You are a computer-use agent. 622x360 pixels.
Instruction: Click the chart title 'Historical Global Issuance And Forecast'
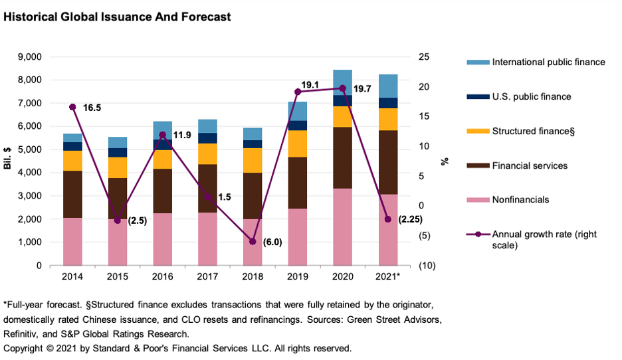(118, 17)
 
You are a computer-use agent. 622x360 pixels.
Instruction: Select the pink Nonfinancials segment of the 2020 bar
(343, 226)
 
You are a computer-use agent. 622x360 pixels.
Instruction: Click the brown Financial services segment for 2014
(72, 194)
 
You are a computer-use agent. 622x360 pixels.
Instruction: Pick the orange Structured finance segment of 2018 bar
(253, 160)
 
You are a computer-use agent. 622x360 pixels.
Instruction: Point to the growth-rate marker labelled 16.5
(72, 107)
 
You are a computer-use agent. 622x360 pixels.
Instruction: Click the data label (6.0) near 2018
(272, 242)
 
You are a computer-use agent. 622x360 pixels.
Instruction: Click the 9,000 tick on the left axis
(31, 57)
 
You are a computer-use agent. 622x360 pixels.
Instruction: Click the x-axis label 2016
(162, 276)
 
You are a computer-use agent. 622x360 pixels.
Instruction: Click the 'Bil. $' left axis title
(9, 161)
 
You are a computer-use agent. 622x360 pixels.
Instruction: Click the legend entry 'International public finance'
(548, 62)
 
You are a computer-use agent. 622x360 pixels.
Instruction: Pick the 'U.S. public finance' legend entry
(531, 96)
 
